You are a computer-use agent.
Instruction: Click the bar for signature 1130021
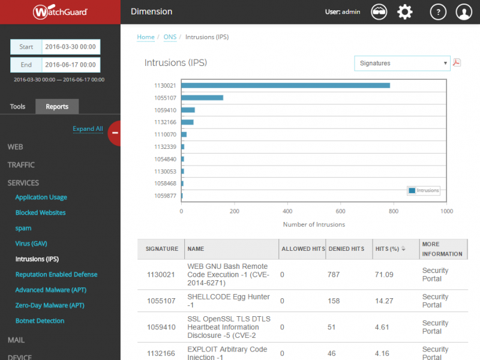[286, 85]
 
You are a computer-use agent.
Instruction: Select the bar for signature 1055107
[202, 98]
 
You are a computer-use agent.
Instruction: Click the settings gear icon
[406, 12]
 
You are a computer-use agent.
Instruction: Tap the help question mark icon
[439, 12]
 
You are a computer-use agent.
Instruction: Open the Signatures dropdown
[401, 63]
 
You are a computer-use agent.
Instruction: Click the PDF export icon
[457, 62]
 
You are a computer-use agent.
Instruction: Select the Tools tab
[18, 107]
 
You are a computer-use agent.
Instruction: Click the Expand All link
[88, 128]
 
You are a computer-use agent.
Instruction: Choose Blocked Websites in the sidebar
[40, 212]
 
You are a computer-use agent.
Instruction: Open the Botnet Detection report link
[40, 320]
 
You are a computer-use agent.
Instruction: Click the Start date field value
[70, 47]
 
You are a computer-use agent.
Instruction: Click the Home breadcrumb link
[146, 37]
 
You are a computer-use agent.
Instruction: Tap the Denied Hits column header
[346, 249]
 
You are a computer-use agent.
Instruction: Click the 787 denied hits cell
[334, 275]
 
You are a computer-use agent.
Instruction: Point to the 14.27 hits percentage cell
[384, 301]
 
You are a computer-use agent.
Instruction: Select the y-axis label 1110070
[165, 134]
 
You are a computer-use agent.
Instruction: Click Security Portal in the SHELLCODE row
[435, 301]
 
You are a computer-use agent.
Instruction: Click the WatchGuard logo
[60, 11]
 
